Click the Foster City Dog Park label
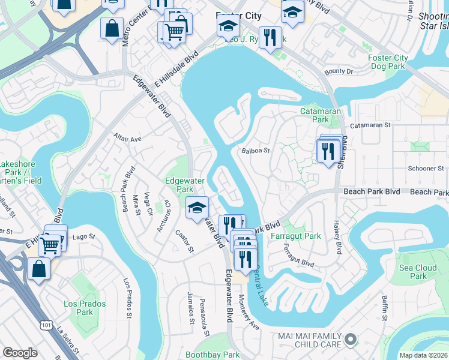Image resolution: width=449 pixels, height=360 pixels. click(388, 62)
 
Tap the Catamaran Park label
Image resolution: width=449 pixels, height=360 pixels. click(321, 115)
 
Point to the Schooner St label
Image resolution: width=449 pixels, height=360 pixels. click(424, 169)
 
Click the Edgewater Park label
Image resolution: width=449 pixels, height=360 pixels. click(185, 184)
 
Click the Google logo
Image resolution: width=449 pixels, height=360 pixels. click(20, 353)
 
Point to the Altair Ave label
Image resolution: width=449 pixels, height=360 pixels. click(127, 139)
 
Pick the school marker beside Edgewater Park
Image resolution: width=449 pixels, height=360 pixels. click(196, 208)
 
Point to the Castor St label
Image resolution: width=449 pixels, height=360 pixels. click(184, 241)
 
